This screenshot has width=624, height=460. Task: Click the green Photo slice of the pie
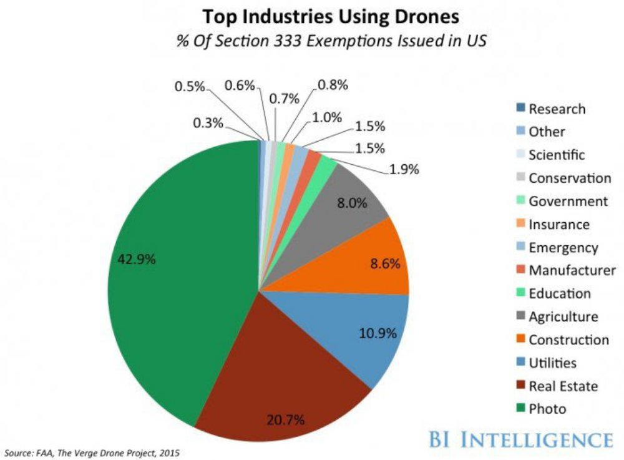(181, 281)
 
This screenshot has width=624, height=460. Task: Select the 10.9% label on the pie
(378, 333)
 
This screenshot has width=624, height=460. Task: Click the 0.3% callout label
(208, 123)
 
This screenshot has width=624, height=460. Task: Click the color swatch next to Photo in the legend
(520, 409)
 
